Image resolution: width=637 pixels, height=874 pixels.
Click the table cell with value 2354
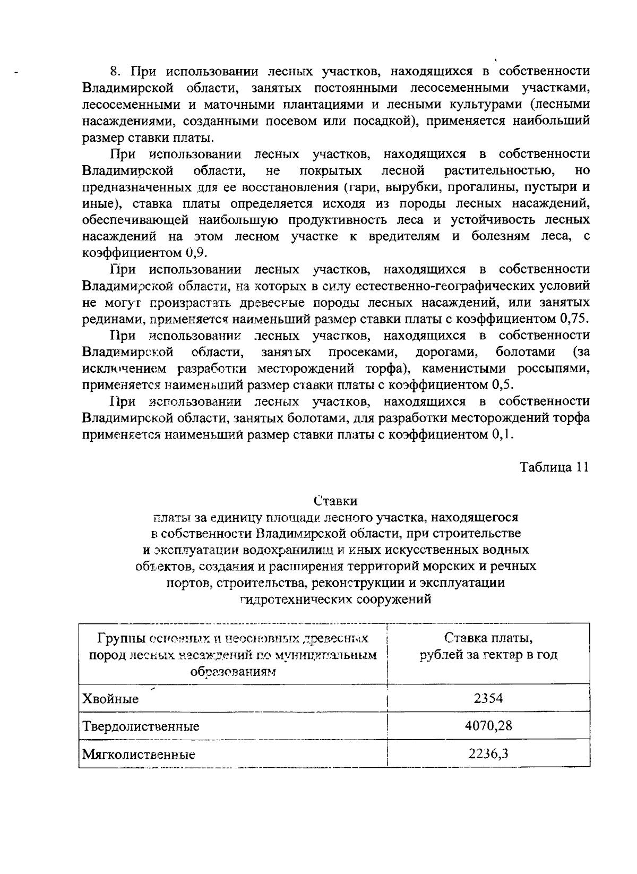[x=488, y=698]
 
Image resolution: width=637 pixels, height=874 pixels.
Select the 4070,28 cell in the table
[x=488, y=725]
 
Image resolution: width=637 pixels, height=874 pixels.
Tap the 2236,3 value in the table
[x=488, y=753]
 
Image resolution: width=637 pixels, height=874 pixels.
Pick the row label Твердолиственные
[x=141, y=726]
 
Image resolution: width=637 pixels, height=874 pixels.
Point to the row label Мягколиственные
[x=139, y=754]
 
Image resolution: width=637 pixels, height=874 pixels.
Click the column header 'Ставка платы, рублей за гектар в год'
[x=488, y=646]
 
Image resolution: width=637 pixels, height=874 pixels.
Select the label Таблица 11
[x=554, y=467]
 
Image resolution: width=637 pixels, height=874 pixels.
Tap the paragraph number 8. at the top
[x=116, y=71]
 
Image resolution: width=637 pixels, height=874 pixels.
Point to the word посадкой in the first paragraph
[x=383, y=121]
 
